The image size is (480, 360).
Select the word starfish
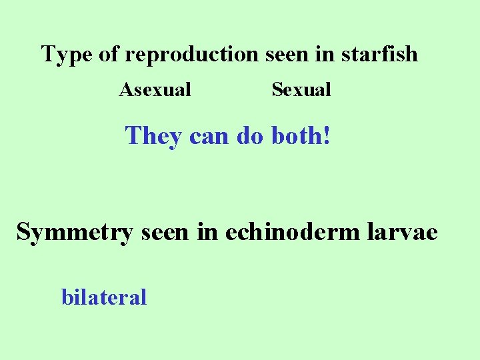pos(379,54)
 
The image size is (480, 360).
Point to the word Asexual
pos(155,89)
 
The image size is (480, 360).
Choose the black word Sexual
pos(301,89)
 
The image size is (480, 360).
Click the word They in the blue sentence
pos(153,137)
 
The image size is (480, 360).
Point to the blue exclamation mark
pos(326,137)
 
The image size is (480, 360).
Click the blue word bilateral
pos(104,297)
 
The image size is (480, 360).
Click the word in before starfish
pos(325,54)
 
